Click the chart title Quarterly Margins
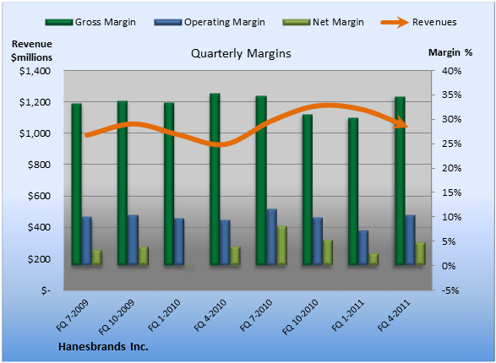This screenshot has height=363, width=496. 241,53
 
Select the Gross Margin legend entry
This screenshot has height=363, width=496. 90,22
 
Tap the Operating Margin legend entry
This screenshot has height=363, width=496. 210,22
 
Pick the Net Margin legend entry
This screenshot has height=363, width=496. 323,22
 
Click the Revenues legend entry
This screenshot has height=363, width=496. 418,22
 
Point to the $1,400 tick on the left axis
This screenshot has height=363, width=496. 35,71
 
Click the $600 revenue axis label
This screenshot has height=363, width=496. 39,196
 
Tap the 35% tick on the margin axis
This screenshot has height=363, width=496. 452,95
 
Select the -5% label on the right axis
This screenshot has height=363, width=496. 450,290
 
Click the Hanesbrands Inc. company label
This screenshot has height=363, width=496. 103,347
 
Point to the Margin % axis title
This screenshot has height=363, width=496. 450,52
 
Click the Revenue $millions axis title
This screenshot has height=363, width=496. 31,51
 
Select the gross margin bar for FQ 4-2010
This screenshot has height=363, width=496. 215,179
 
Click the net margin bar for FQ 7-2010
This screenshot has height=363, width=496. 282,245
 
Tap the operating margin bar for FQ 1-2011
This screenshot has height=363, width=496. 363,247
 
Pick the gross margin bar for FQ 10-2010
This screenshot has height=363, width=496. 308,190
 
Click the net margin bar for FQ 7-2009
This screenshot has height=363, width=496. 96,257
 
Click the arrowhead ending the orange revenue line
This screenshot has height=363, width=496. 401,122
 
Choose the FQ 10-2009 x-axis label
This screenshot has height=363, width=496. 117,317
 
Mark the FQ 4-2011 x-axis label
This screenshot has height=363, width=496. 394,315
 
